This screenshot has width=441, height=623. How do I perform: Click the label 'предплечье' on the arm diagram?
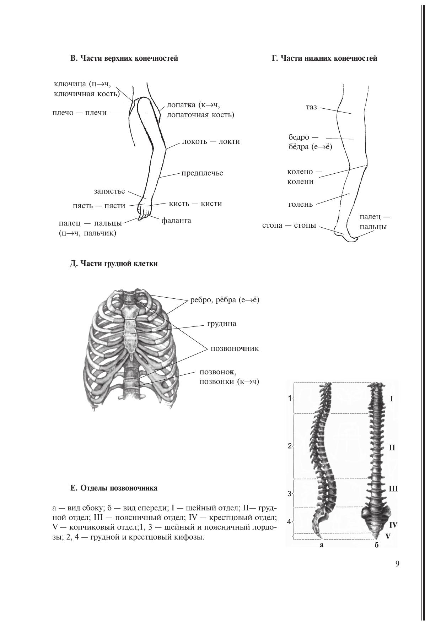202,173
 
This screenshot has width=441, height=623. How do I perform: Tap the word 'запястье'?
109,191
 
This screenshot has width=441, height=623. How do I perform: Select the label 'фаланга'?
176,221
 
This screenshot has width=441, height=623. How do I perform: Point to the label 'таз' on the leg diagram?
311,107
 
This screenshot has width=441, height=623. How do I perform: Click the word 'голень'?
300,204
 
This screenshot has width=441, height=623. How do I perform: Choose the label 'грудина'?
222,324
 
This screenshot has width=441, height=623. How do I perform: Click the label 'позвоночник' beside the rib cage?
235,348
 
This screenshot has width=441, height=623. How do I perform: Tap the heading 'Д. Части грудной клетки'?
114,264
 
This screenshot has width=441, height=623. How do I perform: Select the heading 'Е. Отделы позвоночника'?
114,488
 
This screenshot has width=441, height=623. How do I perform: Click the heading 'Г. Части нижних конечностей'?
324,59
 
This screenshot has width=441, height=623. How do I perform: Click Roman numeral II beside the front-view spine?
392,448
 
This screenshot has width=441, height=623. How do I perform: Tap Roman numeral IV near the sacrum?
393,525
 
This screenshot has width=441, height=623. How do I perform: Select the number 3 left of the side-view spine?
289,494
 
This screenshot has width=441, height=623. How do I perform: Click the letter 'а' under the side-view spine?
322,545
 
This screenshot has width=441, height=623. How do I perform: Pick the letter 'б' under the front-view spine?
377,545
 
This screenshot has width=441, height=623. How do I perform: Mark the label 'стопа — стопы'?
289,225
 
